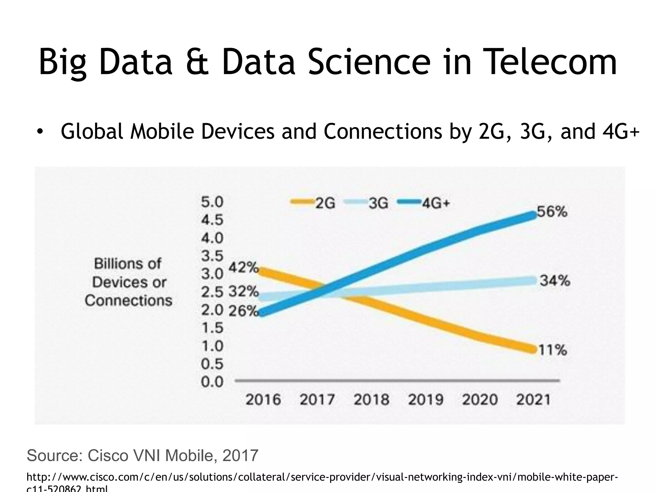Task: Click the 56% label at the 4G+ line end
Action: point(552,212)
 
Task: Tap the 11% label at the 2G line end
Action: point(552,350)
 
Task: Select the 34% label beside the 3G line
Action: point(555,281)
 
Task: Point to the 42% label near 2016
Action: point(243,267)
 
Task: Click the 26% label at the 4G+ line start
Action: point(243,311)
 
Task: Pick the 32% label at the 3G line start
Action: point(243,291)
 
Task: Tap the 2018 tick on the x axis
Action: point(371,400)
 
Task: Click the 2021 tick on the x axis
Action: point(533,400)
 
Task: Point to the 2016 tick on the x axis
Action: point(263,400)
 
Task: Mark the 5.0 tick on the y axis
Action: point(212,202)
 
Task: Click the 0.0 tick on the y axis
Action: point(212,382)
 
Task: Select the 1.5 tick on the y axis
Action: point(212,328)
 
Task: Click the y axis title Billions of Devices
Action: point(128,282)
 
